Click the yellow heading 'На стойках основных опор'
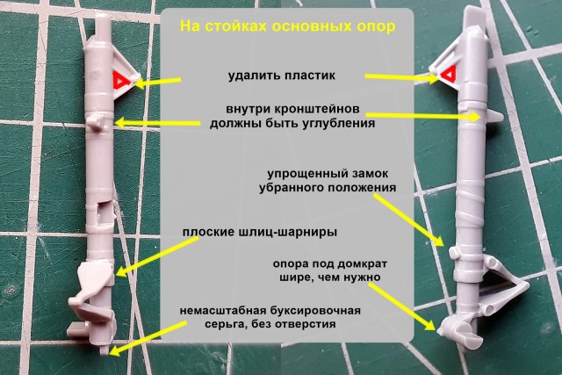(x=287, y=26)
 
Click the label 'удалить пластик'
(x=282, y=76)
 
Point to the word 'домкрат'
(x=357, y=264)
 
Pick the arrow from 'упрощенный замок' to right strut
(x=409, y=219)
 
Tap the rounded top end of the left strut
(x=99, y=19)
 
